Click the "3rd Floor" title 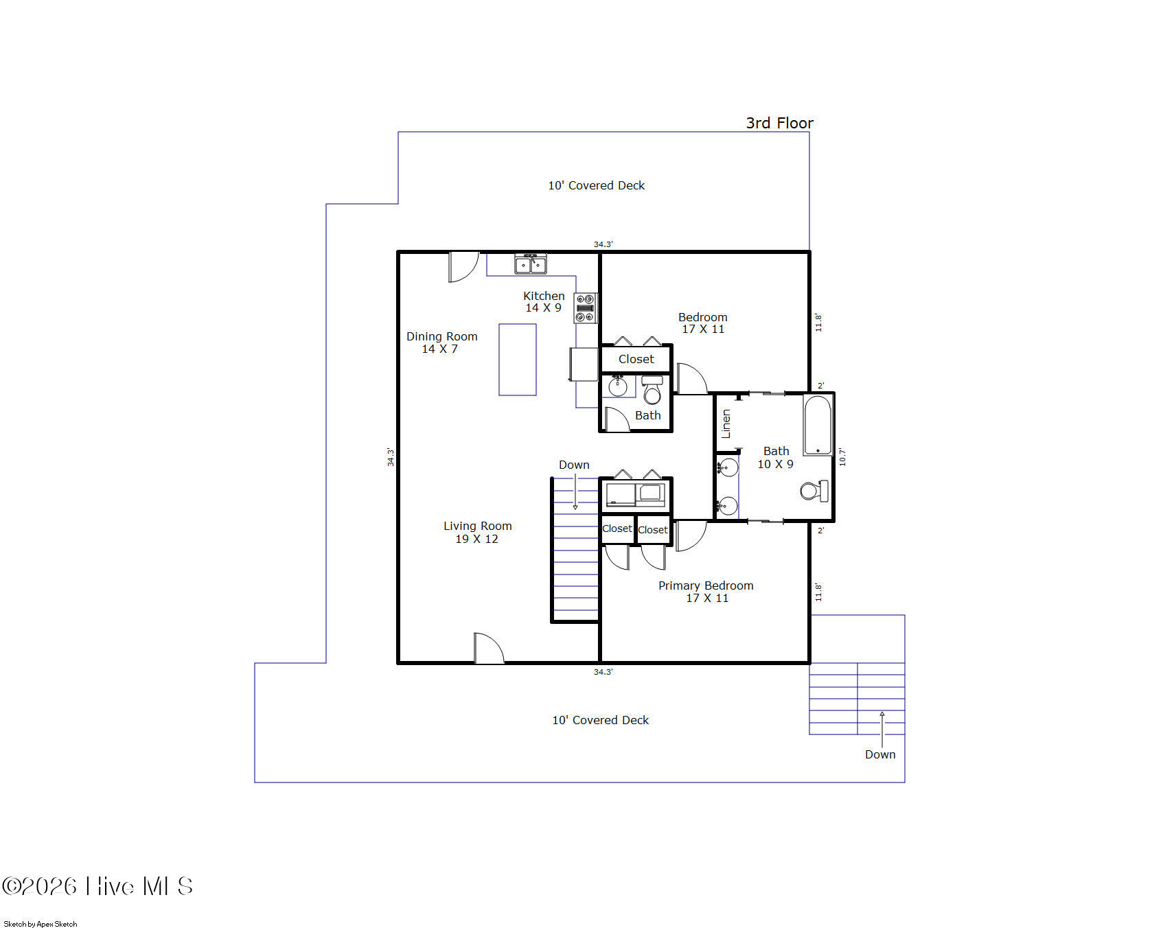(779, 123)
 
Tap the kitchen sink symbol (531, 264)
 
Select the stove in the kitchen (586, 308)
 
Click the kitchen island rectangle (518, 360)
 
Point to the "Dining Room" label (441, 336)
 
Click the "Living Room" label (477, 526)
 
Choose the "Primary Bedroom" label (706, 585)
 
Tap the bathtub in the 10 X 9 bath (818, 426)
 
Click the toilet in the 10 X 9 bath (814, 491)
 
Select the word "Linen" (726, 424)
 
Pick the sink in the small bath (618, 386)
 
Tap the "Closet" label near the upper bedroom (636, 359)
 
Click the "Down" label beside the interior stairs (574, 465)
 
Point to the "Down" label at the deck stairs (880, 754)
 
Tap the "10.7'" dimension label (842, 457)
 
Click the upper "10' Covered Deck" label (596, 185)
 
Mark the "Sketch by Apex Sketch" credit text (41, 924)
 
